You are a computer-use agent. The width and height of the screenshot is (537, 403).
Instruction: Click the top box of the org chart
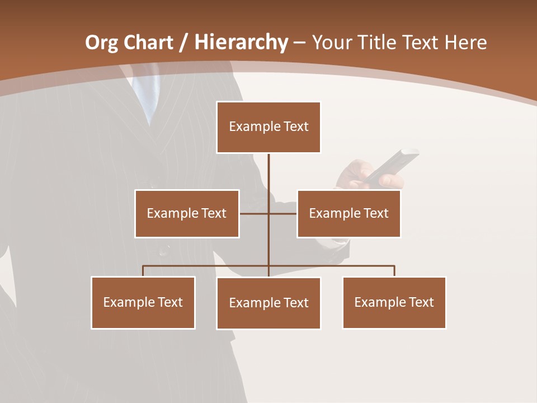(268, 127)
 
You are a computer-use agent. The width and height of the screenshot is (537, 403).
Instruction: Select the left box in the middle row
(187, 213)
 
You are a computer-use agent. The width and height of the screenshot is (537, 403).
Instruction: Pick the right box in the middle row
(348, 213)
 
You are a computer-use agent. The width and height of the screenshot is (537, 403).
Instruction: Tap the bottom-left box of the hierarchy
(143, 302)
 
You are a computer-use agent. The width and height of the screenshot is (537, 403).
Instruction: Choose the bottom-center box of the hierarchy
(268, 303)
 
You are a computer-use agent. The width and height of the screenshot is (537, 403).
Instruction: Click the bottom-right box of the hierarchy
(394, 302)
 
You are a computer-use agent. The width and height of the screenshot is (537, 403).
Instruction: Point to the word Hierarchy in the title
(241, 43)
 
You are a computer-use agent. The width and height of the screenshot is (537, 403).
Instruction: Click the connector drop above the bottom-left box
(143, 271)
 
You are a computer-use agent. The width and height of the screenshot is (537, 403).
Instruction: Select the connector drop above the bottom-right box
(394, 271)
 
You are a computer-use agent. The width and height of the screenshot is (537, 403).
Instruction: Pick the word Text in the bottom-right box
(421, 302)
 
